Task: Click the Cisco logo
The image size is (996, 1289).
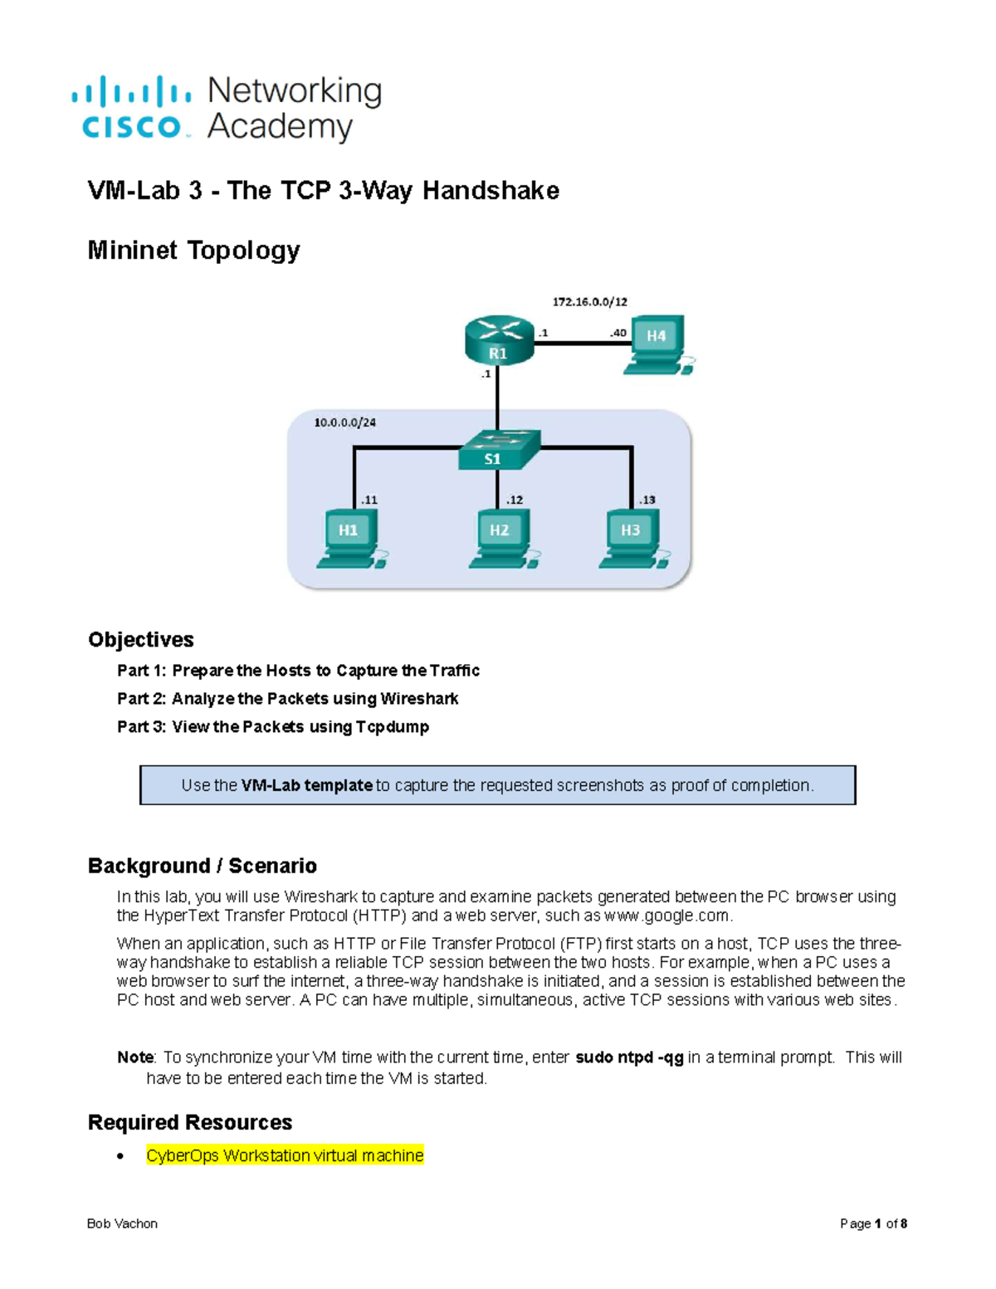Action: (x=131, y=108)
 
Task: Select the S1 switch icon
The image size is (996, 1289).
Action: (x=499, y=450)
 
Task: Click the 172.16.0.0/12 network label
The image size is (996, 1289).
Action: (x=590, y=302)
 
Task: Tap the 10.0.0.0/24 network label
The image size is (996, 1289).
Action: (x=344, y=422)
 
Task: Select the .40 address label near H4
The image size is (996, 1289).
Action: (x=618, y=333)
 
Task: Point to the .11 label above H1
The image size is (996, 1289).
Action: (x=368, y=500)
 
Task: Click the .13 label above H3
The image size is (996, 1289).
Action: (x=647, y=500)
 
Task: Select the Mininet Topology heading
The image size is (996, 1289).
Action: (x=193, y=250)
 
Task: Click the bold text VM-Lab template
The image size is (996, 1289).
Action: (x=306, y=785)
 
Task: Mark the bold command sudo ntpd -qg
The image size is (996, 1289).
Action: (x=629, y=1057)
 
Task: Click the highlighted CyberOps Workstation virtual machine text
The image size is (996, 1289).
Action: (x=285, y=1155)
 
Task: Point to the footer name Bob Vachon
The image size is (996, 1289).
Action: (x=122, y=1223)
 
